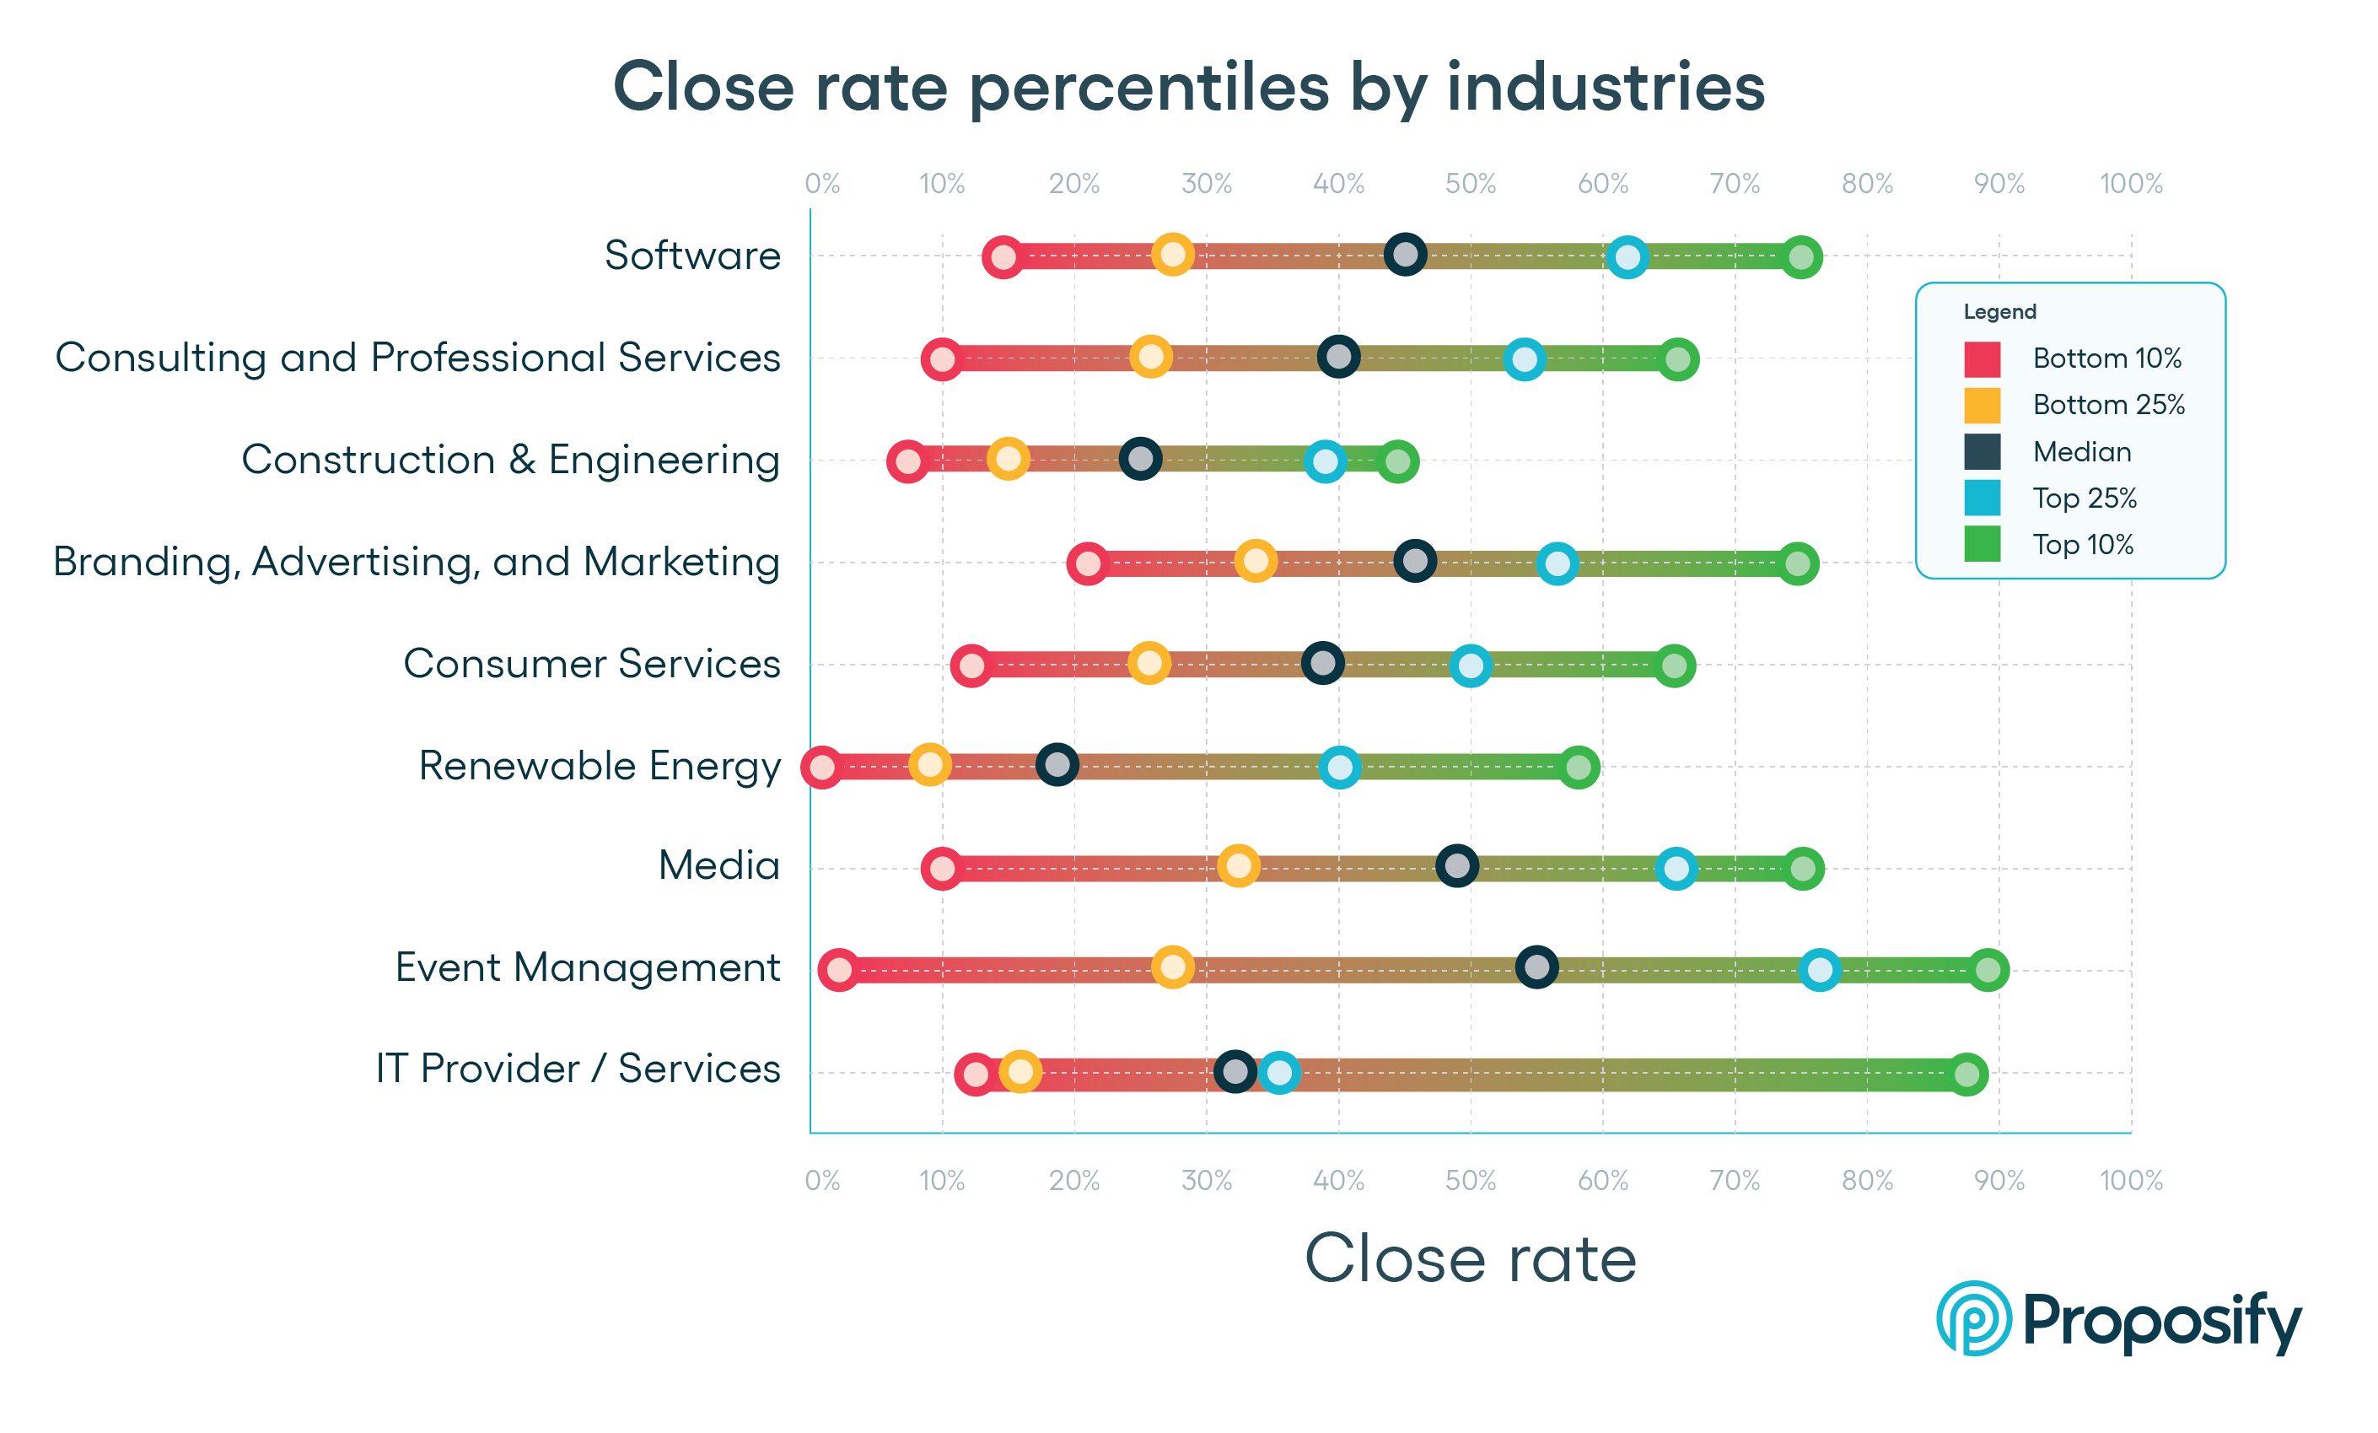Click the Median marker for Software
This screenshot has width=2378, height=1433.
[1405, 255]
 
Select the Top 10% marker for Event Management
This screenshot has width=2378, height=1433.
[1987, 969]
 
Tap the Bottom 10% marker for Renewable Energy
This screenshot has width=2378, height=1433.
[821, 768]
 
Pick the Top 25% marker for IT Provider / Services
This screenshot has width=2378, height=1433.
[1278, 1072]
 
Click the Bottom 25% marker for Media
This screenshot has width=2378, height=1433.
[1238, 865]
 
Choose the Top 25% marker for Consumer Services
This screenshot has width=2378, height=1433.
[1470, 665]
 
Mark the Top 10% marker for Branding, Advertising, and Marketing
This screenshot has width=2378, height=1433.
[1797, 563]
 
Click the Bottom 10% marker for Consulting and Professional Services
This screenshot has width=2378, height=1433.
[942, 359]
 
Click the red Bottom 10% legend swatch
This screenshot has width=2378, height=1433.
[1982, 359]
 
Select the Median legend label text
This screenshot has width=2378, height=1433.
[2082, 451]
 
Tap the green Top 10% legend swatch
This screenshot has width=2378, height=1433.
[1982, 544]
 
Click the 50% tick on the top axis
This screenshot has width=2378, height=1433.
[1470, 183]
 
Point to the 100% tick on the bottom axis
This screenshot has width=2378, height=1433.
[2131, 1180]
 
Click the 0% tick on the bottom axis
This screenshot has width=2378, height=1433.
[822, 1180]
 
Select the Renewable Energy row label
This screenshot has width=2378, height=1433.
[600, 765]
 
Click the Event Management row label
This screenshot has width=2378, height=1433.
[587, 967]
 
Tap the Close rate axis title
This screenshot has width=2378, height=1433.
[1470, 1258]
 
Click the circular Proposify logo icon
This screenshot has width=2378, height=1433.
[1972, 1318]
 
